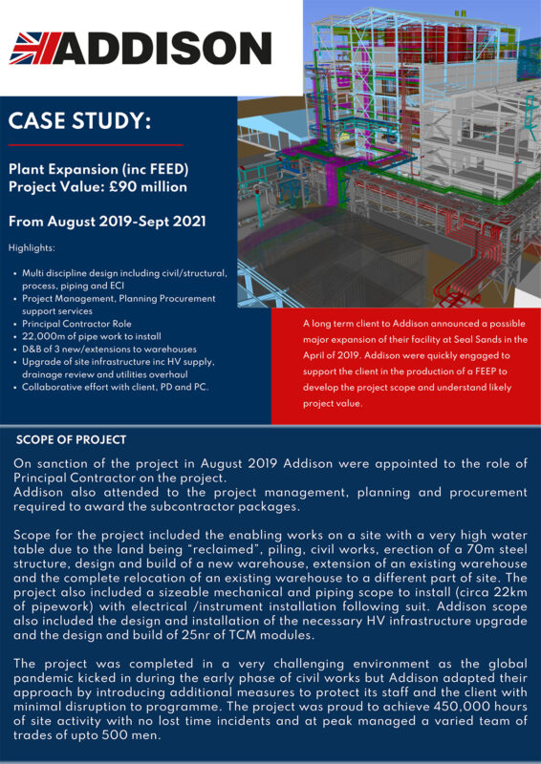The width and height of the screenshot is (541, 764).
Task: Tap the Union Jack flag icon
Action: tap(35, 48)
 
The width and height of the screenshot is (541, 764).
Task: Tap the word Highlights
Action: tap(32, 247)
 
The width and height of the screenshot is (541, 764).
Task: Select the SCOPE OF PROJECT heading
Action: tap(72, 440)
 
